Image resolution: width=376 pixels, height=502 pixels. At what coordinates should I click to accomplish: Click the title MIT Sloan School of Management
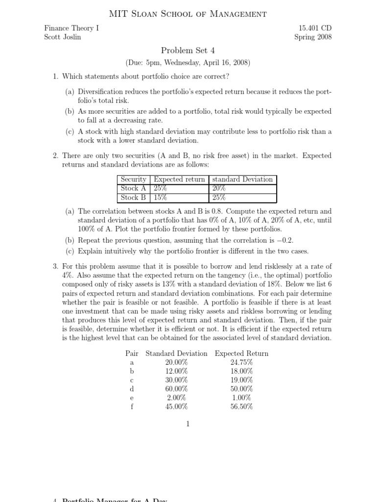point(188,14)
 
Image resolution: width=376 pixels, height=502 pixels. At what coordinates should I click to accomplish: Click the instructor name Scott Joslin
point(63,37)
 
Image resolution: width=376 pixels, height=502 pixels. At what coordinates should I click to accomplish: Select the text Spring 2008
point(313,37)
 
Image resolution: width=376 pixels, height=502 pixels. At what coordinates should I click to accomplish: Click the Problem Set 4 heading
point(188,50)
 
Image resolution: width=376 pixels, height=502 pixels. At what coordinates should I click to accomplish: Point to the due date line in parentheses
point(188,63)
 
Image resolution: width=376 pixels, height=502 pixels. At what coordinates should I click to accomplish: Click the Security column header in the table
point(133,179)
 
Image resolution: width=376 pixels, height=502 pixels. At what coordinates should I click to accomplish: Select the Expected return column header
point(179,179)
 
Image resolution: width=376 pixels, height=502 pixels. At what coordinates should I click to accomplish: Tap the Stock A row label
point(133,189)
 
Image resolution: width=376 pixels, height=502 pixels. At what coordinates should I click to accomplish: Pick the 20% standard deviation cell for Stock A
point(219,189)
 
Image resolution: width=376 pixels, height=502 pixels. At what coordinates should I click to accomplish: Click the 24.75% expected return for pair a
point(241,362)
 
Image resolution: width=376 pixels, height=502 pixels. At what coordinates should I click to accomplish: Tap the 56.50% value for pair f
point(241,406)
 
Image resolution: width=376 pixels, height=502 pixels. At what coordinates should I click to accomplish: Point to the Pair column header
point(132,353)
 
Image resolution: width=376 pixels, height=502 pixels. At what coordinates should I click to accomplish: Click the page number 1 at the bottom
point(188,424)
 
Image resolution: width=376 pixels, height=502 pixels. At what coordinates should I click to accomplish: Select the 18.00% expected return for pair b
point(241,371)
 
